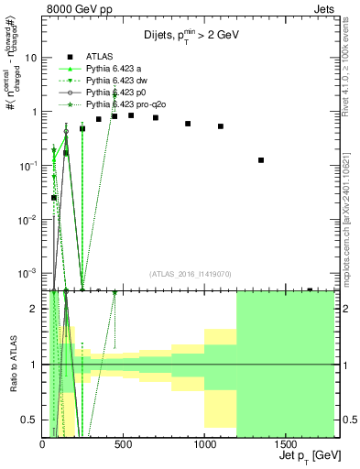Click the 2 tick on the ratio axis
(x=35, y=309)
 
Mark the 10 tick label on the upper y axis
(x=31, y=57)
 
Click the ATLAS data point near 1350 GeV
(x=261, y=160)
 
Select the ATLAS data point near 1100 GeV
(x=221, y=126)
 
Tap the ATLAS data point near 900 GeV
(x=188, y=124)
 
